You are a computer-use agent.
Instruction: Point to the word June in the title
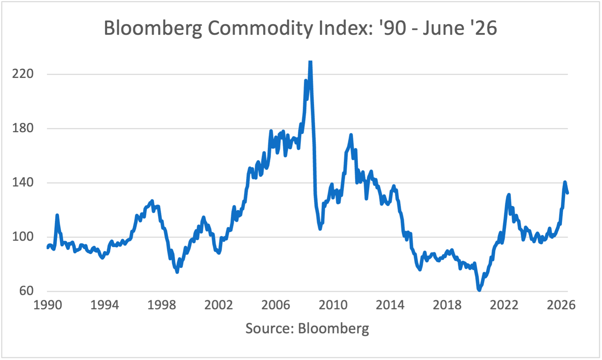point(444,27)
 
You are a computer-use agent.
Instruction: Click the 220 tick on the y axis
point(23,74)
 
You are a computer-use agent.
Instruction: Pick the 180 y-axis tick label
point(23,128)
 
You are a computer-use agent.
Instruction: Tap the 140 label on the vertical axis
point(23,183)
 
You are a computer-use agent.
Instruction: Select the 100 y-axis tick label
point(23,237)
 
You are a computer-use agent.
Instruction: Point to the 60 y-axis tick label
point(26,291)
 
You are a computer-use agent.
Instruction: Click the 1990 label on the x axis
point(48,305)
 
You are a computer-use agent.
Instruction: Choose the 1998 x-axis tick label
point(162,305)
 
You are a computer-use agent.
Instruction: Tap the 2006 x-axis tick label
point(276,305)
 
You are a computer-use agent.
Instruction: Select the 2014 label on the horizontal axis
point(390,305)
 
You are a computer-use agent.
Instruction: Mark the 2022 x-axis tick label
point(504,305)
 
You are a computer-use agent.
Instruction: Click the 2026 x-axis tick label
point(561,305)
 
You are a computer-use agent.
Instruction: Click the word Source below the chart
point(269,328)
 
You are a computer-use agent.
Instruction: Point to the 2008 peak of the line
point(310,62)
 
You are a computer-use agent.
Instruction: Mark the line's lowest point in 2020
point(479,289)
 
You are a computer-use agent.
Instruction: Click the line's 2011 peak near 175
point(351,135)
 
